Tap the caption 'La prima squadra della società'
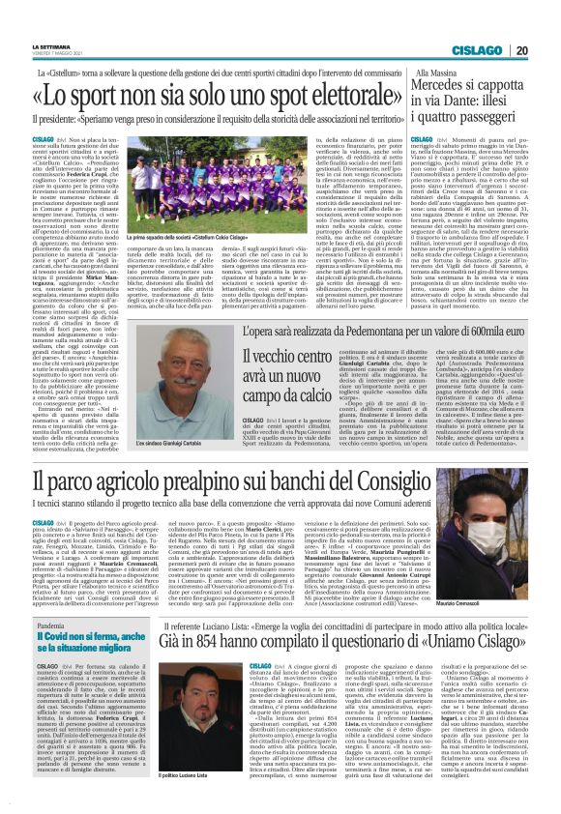tap(160, 234)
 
